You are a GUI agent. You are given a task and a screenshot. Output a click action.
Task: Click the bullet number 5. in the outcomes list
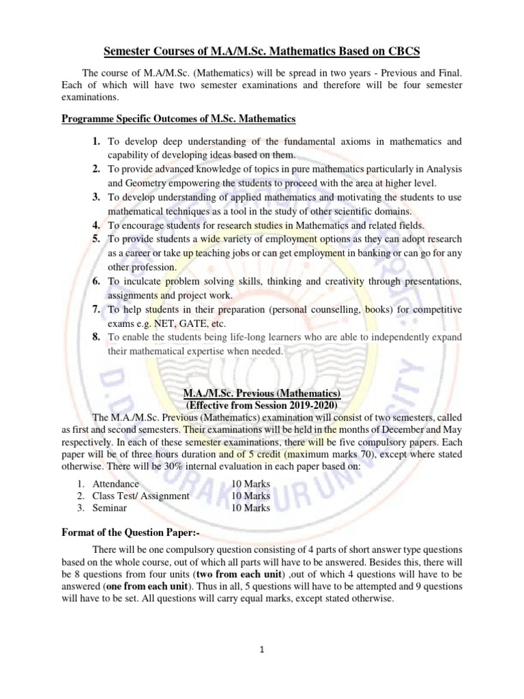coord(96,239)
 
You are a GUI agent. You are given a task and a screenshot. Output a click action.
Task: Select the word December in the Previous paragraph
coord(393,429)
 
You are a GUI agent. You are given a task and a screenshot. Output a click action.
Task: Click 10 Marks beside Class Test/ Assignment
coord(251,496)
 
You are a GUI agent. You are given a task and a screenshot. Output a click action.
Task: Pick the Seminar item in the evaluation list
coord(109,508)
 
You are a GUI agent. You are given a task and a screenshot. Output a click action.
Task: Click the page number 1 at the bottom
coord(262,651)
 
